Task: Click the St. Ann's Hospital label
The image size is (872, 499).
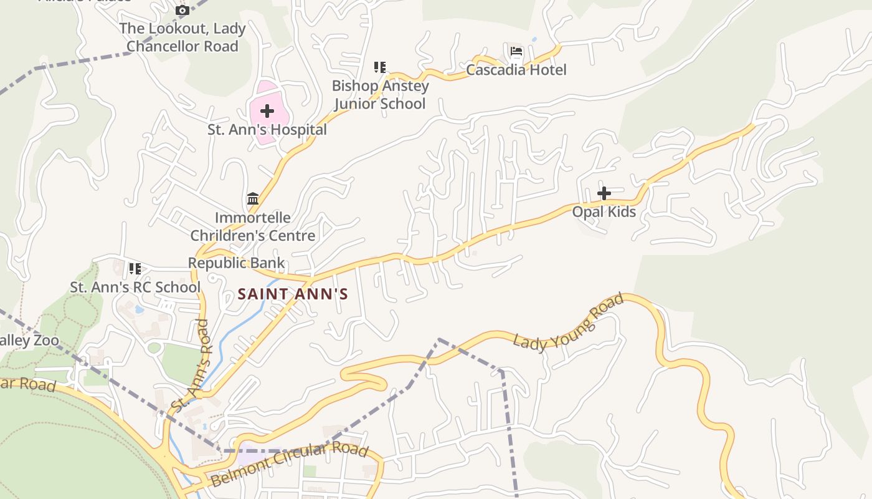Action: [267, 130]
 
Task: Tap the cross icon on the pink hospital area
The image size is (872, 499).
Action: [267, 112]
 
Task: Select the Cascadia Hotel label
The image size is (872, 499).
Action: [516, 70]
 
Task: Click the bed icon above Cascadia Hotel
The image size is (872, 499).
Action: [516, 51]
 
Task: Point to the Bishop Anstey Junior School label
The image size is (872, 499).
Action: [380, 95]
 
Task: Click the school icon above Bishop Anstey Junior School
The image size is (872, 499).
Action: [380, 67]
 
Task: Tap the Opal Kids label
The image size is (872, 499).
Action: [604, 212]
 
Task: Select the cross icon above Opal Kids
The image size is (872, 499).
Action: [604, 193]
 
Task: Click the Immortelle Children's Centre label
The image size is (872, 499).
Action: [252, 226]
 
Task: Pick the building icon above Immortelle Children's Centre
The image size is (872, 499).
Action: [253, 199]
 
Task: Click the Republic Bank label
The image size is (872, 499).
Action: [236, 263]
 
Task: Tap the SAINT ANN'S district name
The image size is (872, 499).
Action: [293, 294]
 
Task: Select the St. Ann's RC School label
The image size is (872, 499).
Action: [135, 288]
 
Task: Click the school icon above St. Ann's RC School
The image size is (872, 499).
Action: [135, 269]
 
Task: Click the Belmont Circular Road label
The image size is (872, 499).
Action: [290, 465]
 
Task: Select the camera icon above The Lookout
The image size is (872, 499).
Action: [182, 11]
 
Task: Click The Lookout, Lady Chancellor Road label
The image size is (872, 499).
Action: [182, 37]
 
